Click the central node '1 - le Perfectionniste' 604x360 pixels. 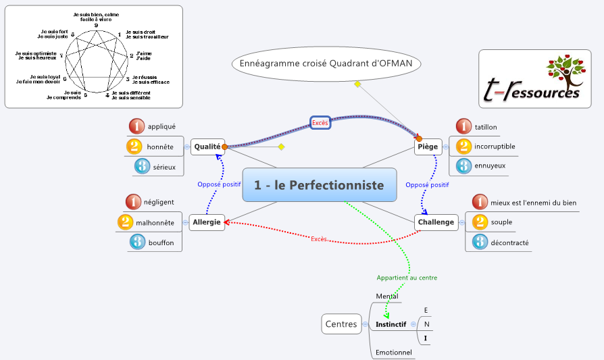(319, 185)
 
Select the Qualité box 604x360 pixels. (207, 146)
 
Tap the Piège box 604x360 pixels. (428, 146)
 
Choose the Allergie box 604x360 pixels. (207, 222)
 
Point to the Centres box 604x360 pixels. (341, 324)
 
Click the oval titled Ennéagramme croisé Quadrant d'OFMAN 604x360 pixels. (326, 64)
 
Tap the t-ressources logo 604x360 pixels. (530, 78)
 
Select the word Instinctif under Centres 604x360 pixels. (391, 325)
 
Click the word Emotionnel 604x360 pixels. (394, 352)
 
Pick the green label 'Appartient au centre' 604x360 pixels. (407, 278)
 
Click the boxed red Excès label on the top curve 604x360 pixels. (320, 123)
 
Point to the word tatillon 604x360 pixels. (486, 126)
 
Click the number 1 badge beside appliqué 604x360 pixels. (137, 126)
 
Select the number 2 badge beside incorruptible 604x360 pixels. (463, 146)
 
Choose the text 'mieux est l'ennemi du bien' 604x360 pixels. (533, 201)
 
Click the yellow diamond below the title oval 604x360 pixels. (357, 84)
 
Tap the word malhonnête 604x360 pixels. (155, 222)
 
